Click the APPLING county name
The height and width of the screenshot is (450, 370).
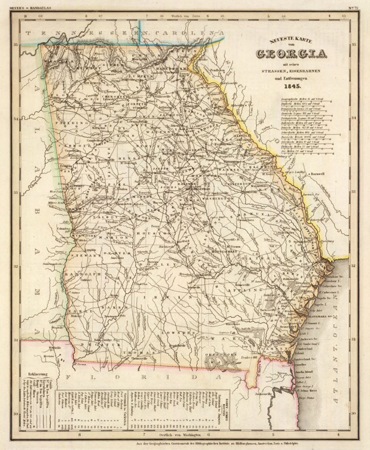(241, 289)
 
